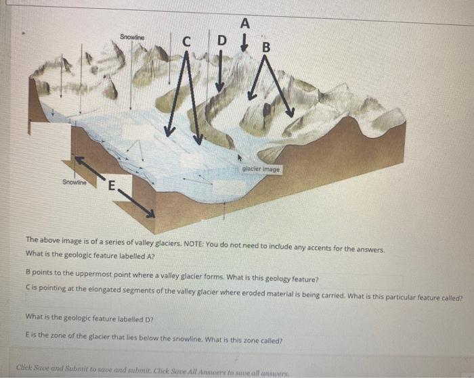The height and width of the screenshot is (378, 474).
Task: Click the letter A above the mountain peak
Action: [245, 23]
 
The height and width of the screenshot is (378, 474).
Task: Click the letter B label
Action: [266, 47]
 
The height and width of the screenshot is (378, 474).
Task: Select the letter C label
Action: [187, 42]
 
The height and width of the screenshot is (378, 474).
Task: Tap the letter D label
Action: [222, 40]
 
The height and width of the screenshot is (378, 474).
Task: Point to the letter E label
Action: [112, 185]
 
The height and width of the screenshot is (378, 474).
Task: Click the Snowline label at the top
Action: [132, 37]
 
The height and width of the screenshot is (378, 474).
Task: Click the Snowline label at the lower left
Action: [74, 182]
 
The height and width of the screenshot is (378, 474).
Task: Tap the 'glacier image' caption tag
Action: [261, 169]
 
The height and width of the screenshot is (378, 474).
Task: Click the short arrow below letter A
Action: [244, 43]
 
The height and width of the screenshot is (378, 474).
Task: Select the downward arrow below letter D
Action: [220, 70]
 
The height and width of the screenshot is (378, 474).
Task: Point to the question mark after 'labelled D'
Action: [152, 319]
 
